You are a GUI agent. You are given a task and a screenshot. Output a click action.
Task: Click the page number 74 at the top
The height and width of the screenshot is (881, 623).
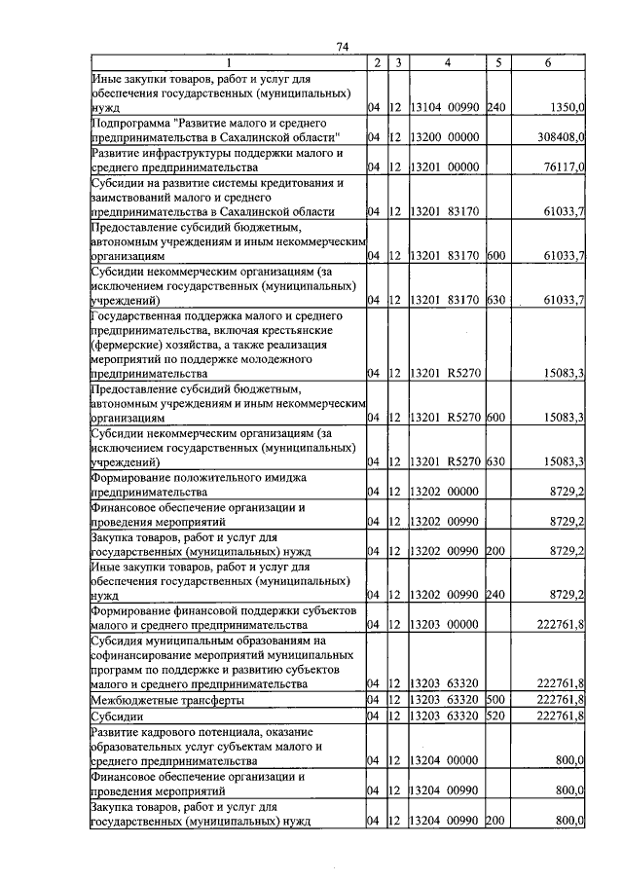[342, 47]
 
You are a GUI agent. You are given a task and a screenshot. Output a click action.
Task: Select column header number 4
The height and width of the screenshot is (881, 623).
[447, 62]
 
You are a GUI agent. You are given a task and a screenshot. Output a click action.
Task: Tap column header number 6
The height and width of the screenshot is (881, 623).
[548, 62]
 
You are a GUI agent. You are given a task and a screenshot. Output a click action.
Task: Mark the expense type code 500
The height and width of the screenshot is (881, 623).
[495, 700]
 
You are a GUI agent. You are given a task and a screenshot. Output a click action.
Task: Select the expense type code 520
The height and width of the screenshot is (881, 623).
[495, 716]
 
